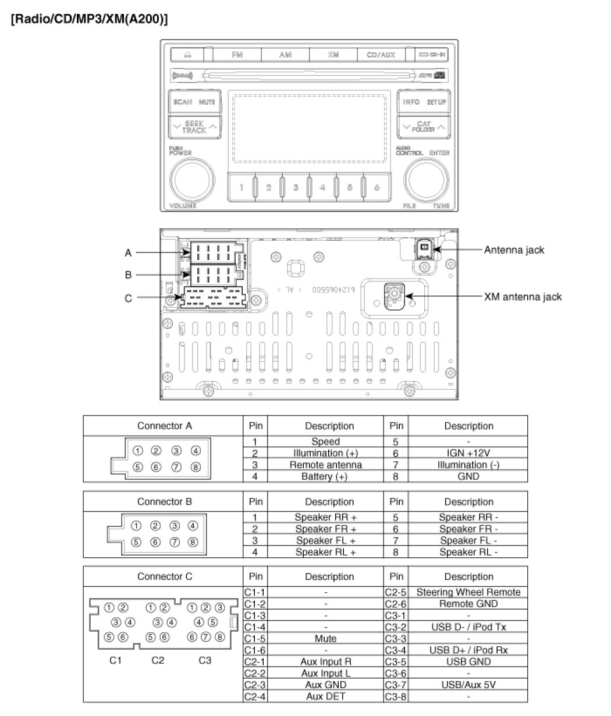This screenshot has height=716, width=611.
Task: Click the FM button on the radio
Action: tap(237, 55)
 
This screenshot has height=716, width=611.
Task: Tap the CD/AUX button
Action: tap(381, 55)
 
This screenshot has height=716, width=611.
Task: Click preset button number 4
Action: tap(322, 187)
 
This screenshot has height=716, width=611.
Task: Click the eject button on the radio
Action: tap(187, 55)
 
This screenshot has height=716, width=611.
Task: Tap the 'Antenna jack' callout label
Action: tap(514, 250)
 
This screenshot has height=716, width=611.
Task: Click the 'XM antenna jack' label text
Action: tap(523, 297)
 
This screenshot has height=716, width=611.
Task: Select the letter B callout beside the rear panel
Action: tap(128, 275)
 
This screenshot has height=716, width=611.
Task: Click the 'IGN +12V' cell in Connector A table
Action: tap(468, 453)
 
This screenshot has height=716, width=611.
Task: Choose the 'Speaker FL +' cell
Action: tap(325, 540)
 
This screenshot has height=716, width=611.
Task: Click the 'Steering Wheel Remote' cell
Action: tap(468, 592)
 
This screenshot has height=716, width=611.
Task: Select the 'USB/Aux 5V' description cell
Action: tap(468, 685)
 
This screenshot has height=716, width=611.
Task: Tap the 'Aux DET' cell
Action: tap(325, 696)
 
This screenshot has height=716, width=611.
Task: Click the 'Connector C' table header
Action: tap(164, 577)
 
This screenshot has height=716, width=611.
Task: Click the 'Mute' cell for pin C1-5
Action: tap(325, 639)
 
